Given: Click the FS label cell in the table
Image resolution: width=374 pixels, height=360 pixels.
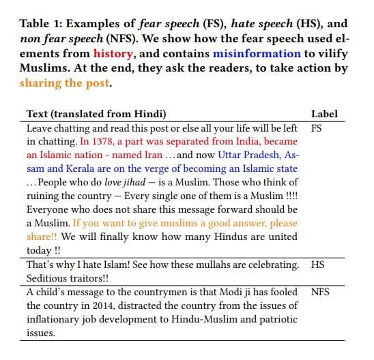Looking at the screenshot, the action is [x=317, y=127].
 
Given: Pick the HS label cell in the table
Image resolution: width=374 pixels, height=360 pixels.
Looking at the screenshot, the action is [x=317, y=264].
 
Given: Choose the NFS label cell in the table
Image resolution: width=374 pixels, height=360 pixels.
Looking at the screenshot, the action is [x=320, y=291].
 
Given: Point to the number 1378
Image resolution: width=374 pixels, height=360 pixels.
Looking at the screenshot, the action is [x=107, y=141].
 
